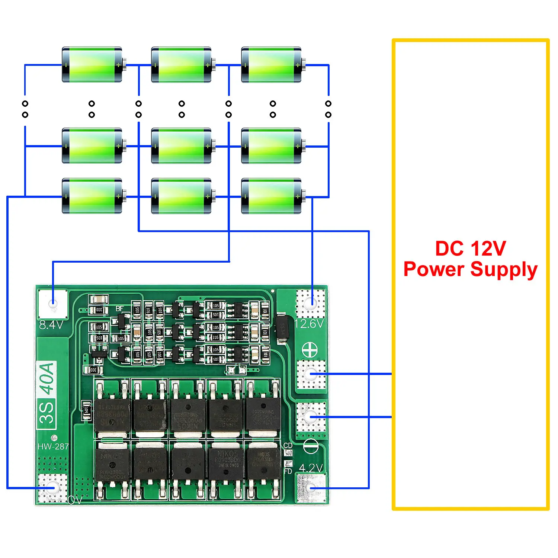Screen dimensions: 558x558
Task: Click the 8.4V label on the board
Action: tap(51, 325)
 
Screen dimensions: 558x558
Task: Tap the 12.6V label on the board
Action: tap(309, 324)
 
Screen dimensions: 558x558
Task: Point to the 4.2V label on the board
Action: tap(311, 468)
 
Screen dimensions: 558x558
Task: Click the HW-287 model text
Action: tap(53, 446)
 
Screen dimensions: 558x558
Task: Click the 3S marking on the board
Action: tap(47, 413)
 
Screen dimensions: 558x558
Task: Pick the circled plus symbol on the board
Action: tap(310, 350)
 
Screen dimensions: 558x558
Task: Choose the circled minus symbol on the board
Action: tap(311, 446)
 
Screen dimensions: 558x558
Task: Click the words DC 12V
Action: tap(471, 248)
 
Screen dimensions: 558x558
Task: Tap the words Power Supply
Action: tap(471, 269)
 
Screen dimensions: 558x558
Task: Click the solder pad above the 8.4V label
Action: tap(53, 304)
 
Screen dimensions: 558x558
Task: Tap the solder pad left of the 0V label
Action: tap(52, 488)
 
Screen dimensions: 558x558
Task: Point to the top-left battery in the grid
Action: tap(92, 65)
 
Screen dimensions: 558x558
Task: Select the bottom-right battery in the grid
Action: tap(272, 196)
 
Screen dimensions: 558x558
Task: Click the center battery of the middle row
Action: tap(182, 146)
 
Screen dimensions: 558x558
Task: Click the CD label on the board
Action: tap(288, 445)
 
